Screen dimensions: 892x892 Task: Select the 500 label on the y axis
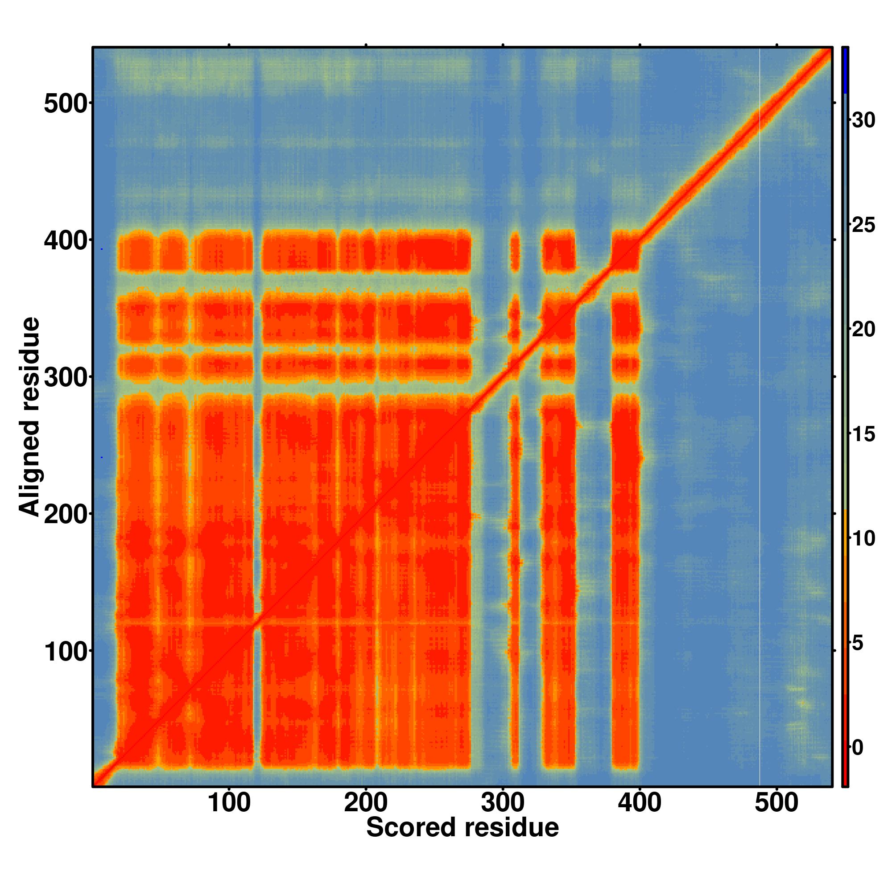coord(66,104)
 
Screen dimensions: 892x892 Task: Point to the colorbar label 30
coord(863,120)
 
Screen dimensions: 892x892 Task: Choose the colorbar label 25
coord(863,225)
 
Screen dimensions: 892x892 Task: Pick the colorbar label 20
coord(863,330)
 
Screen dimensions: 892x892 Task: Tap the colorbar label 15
coord(863,434)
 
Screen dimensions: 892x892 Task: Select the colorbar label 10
coord(863,539)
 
